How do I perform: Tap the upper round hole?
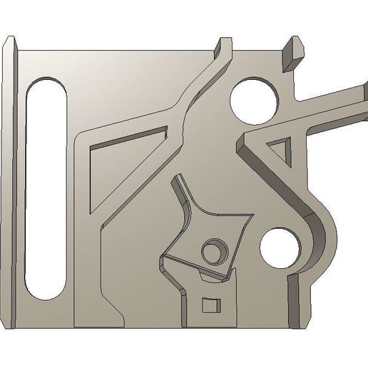coord(254,100)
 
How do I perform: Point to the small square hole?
coord(210,305)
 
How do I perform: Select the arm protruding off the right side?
coord(335,102)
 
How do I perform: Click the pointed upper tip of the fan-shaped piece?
coord(178,183)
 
